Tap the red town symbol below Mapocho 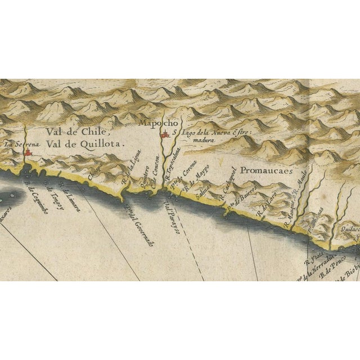coord(164,136)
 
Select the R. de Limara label coord(72,200)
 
